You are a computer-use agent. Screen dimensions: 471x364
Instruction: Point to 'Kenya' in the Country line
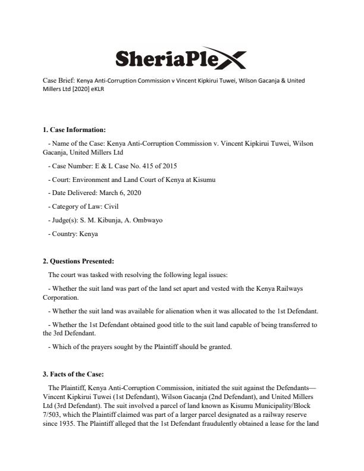(x=88, y=234)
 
